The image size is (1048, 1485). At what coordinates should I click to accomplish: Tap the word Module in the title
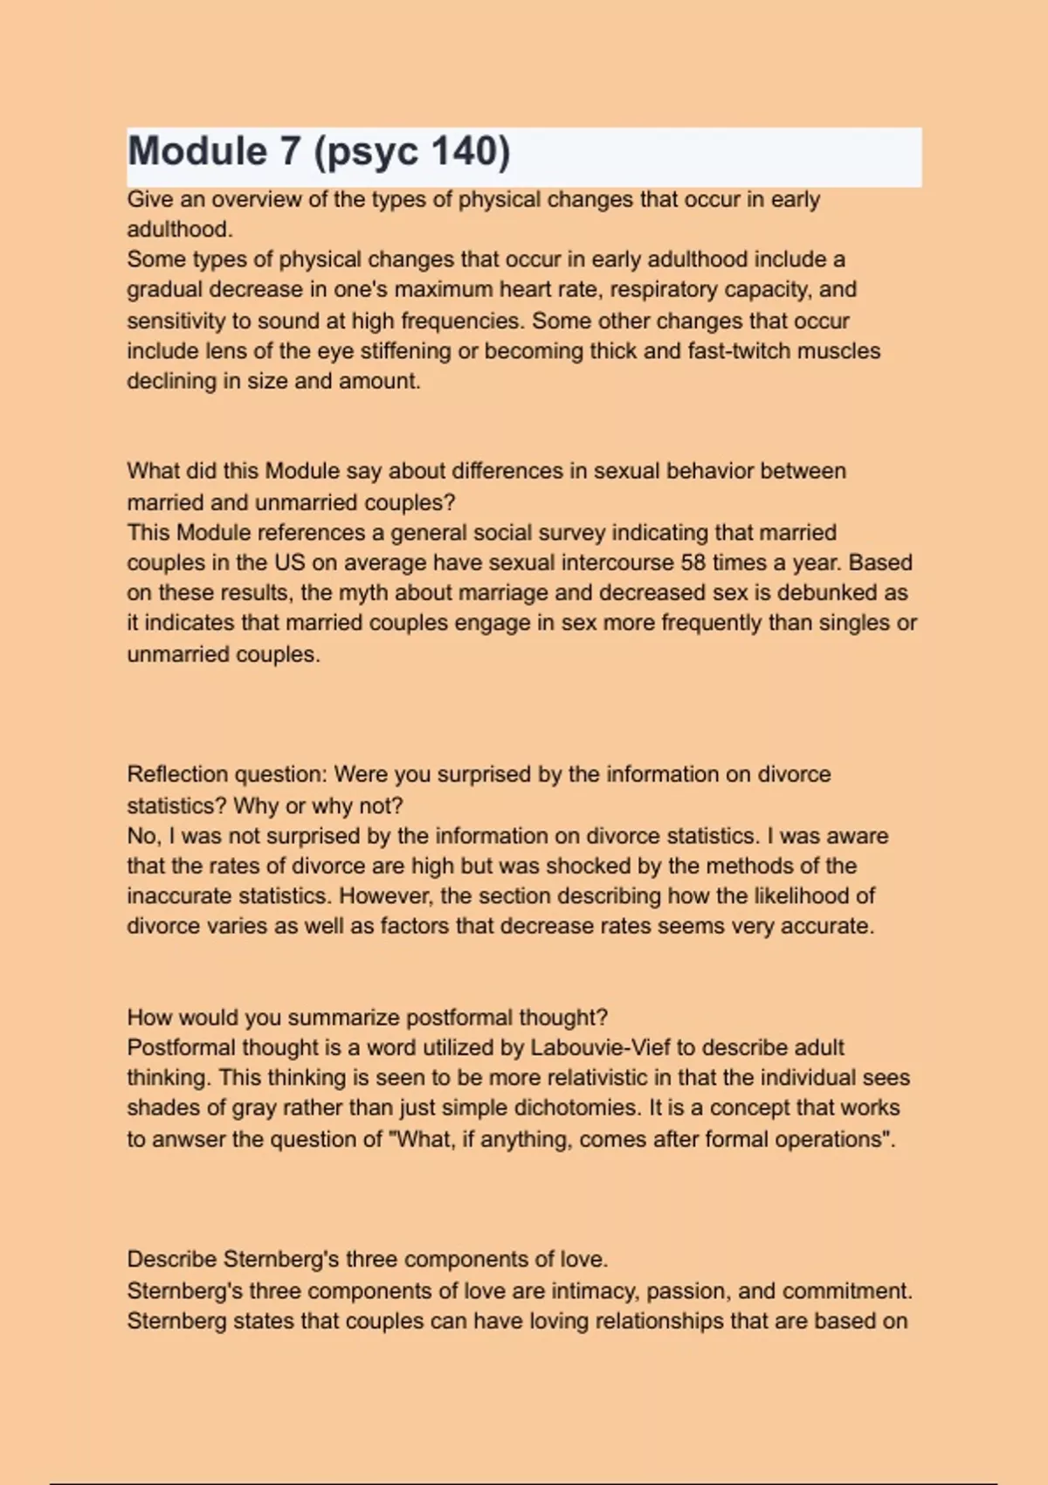point(197,151)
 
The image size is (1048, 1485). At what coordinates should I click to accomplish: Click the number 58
point(693,563)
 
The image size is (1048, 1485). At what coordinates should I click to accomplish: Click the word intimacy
point(587,1291)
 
